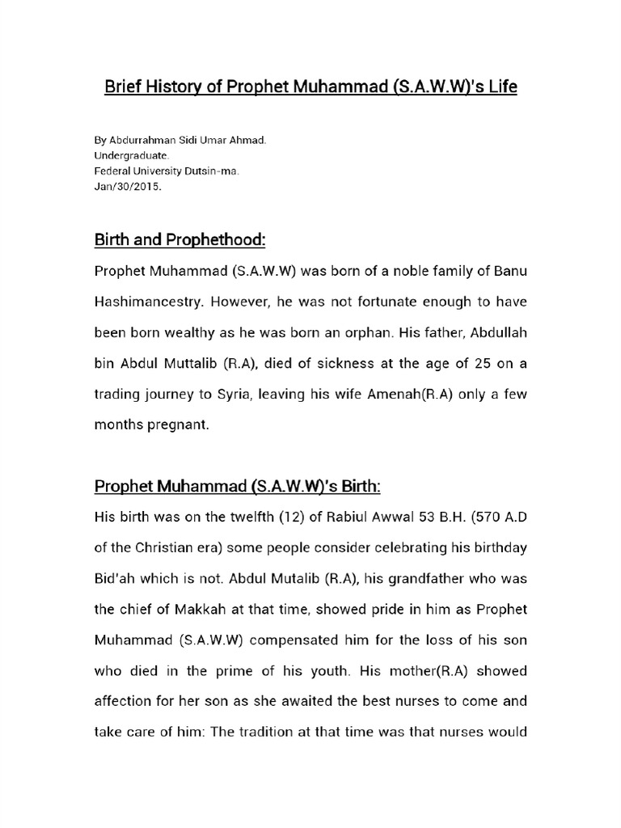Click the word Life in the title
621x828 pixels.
coord(500,86)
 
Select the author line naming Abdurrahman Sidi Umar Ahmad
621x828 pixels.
coord(180,141)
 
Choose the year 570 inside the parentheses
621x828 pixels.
coord(484,517)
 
